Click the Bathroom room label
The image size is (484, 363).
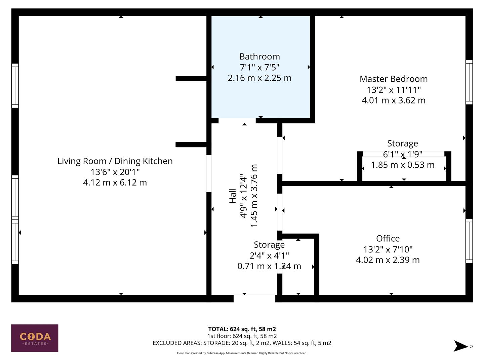click(259, 56)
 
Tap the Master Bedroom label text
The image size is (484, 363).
click(394, 79)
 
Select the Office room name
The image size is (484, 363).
click(388, 238)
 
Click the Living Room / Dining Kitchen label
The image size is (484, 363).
click(115, 161)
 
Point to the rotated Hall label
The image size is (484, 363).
click(233, 196)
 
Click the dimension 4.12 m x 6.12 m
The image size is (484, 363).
click(115, 183)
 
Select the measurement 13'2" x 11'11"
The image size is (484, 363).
click(394, 90)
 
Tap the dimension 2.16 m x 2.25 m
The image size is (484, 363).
click(259, 78)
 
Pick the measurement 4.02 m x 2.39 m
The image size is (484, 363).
click(388, 260)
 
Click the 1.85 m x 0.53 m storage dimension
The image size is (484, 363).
click(403, 165)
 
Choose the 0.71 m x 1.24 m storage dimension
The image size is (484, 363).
click(269, 266)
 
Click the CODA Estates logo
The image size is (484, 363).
click(35, 338)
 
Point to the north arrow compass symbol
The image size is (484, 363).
click(461, 346)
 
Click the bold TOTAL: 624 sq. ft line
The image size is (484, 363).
click(242, 329)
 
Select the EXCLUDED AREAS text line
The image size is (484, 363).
click(242, 343)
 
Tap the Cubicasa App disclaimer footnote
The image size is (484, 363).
click(242, 353)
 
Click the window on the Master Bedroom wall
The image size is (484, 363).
click(469, 82)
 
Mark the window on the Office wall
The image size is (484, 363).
click(469, 241)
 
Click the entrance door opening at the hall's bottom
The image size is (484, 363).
click(254, 298)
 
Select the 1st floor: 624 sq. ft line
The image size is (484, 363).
click(242, 336)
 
